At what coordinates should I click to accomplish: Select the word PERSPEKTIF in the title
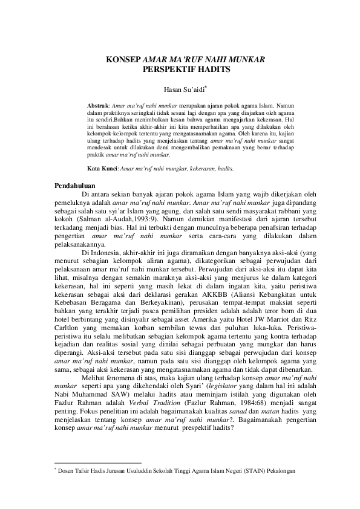[x=163, y=70]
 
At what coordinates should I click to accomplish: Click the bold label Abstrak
[x=98, y=105]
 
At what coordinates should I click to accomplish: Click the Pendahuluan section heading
[x=74, y=185]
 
